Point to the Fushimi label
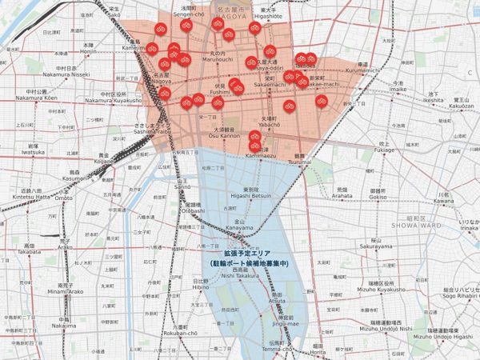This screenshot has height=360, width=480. tap(219, 92)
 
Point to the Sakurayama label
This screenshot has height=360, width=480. tap(378, 247)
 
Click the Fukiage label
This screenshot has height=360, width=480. tap(383, 149)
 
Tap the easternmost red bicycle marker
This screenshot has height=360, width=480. tap(321, 101)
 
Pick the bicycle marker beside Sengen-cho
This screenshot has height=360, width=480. tap(186, 26)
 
